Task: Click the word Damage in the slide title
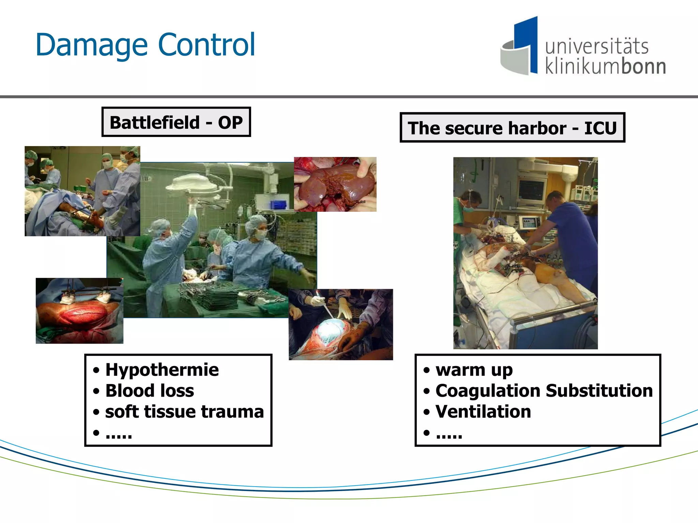click(x=91, y=45)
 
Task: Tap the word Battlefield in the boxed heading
click(x=155, y=122)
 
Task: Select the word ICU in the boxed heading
click(x=601, y=128)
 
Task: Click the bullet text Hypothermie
click(x=162, y=370)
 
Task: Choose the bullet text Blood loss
click(x=150, y=391)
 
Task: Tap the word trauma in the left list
click(x=232, y=412)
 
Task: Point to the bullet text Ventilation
click(x=483, y=412)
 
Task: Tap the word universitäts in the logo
click(x=596, y=46)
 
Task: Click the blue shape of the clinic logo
click(x=527, y=37)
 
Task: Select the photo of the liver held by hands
click(x=335, y=184)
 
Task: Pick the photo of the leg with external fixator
click(x=79, y=311)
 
